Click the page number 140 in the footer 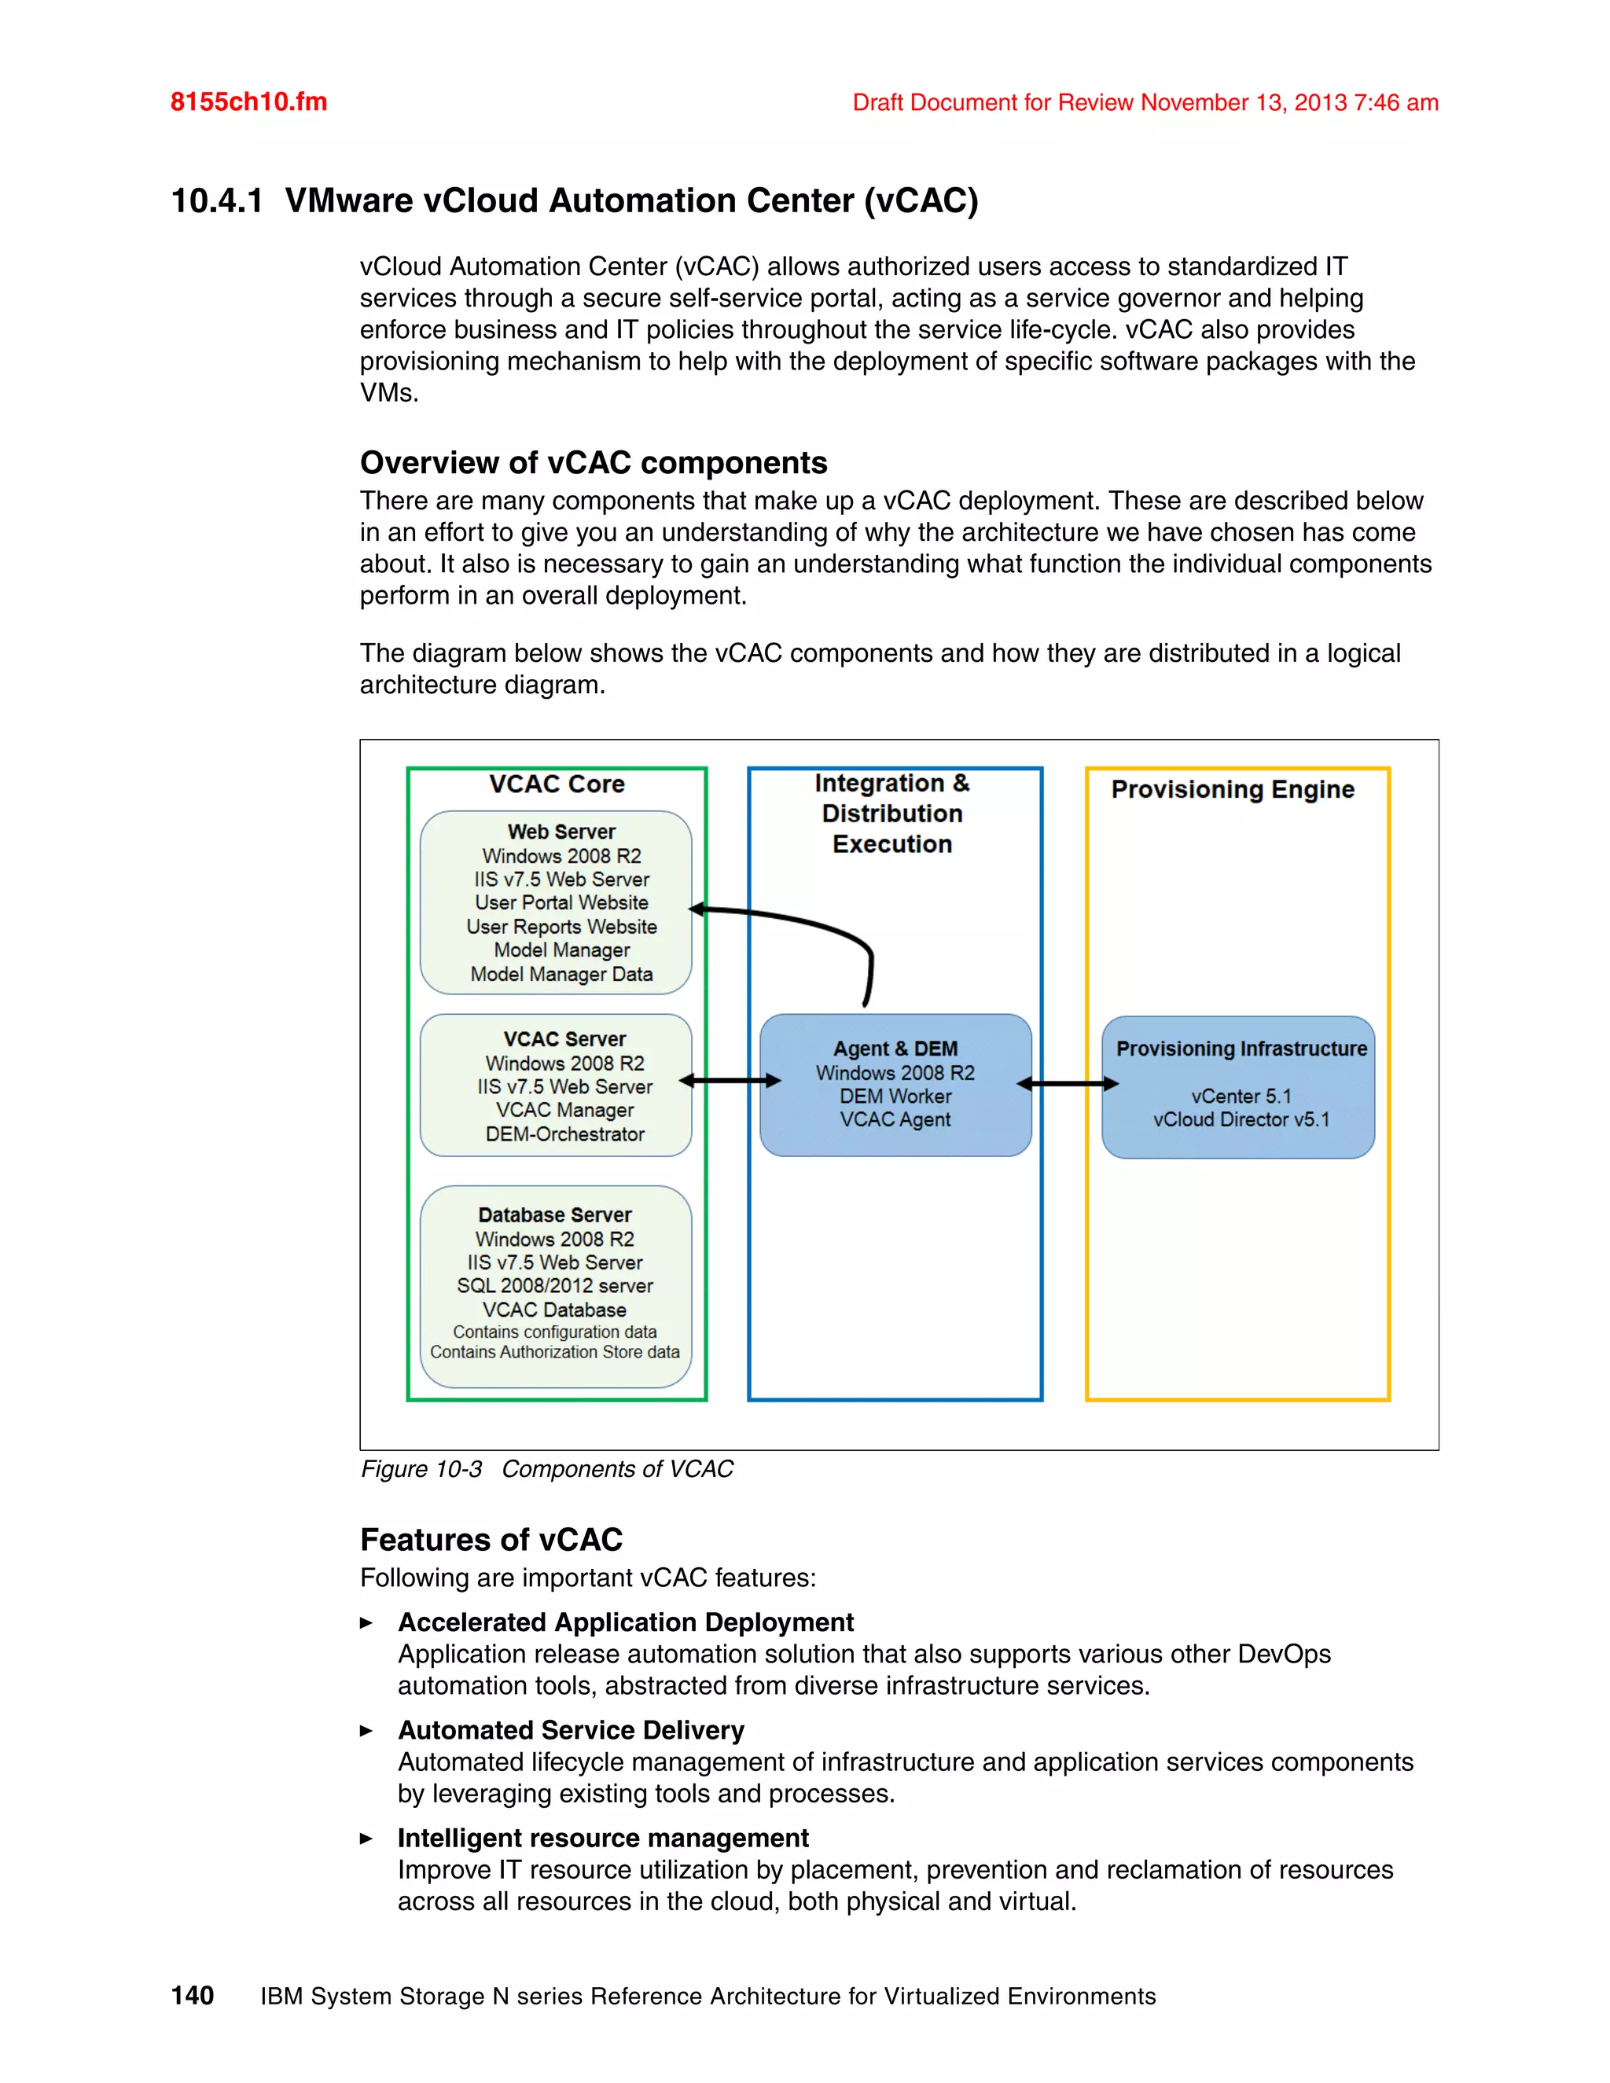(193, 1995)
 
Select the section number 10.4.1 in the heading (216, 200)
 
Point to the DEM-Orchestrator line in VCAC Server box (564, 1134)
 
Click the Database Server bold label (554, 1215)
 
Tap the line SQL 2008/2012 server (554, 1286)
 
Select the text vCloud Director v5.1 (1241, 1119)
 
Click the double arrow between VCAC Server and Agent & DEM (730, 1081)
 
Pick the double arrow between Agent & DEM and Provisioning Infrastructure (1068, 1083)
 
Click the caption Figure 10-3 (421, 1469)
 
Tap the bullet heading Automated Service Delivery (571, 1730)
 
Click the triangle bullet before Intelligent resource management (366, 1838)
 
